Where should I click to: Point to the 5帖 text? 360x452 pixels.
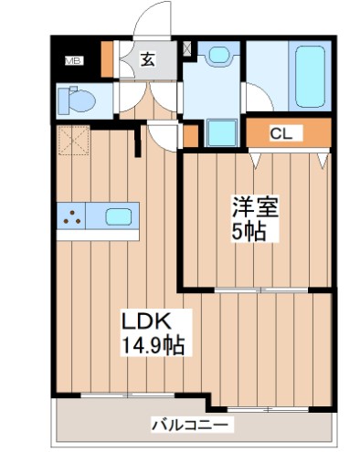[x=249, y=232]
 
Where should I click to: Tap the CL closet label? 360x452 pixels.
[x=281, y=134]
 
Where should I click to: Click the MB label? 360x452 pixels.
[x=72, y=61]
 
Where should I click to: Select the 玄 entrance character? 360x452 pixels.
[x=148, y=60]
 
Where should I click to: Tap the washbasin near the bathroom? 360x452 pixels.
[x=217, y=55]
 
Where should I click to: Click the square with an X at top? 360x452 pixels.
[x=188, y=47]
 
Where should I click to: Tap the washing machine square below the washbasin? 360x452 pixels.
[x=221, y=133]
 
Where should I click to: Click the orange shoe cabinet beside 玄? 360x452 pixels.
[x=108, y=60]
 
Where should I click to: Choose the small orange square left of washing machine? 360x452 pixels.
[x=190, y=135]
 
